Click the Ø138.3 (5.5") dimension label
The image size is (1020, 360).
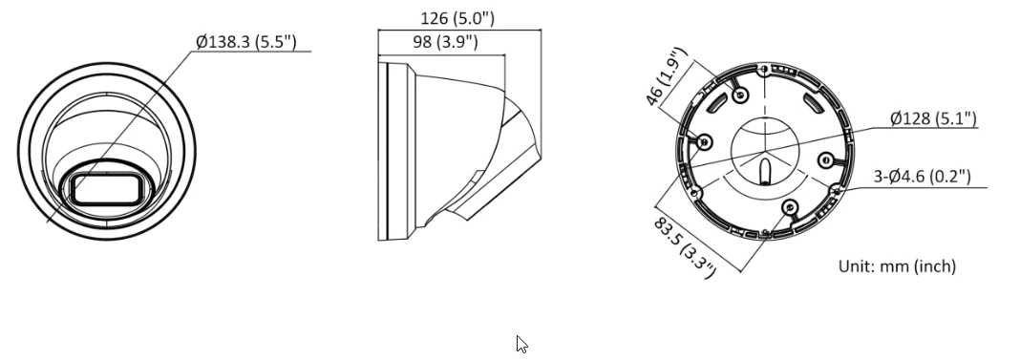click(x=246, y=43)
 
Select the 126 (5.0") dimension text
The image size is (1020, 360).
click(x=457, y=19)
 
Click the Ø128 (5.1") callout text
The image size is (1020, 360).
click(x=932, y=118)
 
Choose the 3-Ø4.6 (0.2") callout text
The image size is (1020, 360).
click(x=923, y=176)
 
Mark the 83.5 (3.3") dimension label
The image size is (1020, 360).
click(x=684, y=244)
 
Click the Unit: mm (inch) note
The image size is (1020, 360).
click(x=897, y=266)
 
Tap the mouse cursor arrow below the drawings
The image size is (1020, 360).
click(x=521, y=344)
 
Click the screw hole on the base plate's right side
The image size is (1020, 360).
click(x=827, y=160)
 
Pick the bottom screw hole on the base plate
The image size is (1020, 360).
click(x=788, y=207)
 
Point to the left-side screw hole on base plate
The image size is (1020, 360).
click(x=705, y=141)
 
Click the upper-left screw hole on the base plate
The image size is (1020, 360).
click(x=741, y=94)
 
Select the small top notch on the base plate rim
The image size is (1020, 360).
click(x=764, y=69)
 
